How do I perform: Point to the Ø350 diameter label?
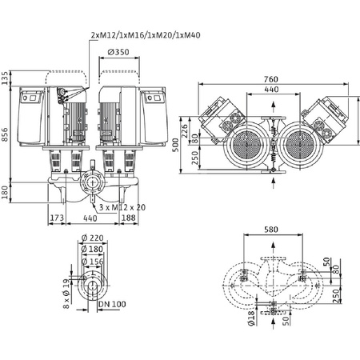pos(118,53)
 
